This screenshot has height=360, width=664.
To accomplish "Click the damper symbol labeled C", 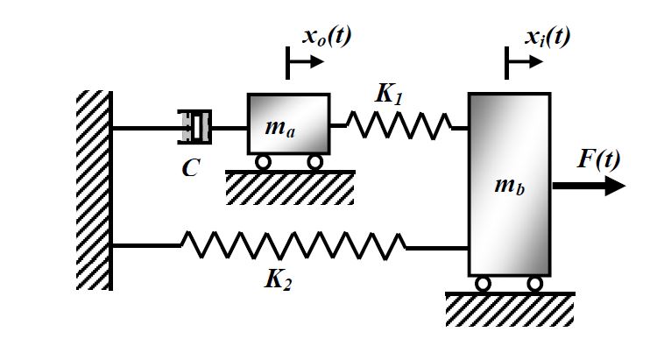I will tap(195, 127).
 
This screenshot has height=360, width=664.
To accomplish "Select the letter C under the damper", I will tap(190, 169).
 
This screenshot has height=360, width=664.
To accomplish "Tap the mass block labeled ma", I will tap(288, 125).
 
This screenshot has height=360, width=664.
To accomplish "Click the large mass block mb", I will tap(510, 184).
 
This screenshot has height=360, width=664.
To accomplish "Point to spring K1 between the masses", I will tap(399, 125).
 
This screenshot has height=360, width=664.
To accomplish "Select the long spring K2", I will tap(293, 246).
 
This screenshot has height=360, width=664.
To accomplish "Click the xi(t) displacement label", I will tap(547, 36).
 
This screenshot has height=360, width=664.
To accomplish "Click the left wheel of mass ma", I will tap(262, 162).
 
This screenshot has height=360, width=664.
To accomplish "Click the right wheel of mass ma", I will tap(314, 162).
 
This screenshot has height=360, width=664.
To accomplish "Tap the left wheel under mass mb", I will tap(483, 284).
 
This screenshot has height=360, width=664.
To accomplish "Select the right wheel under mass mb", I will tap(535, 284).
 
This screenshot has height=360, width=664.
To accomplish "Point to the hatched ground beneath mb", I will tap(509, 309).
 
